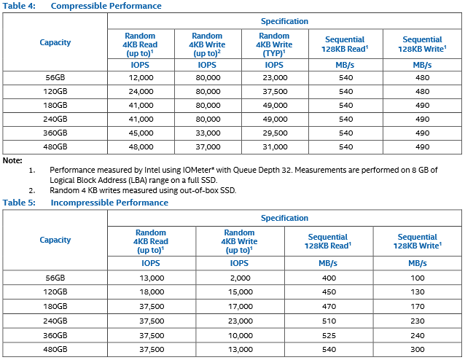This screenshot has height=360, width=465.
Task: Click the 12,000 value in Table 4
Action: (141, 78)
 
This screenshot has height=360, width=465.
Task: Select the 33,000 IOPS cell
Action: (208, 133)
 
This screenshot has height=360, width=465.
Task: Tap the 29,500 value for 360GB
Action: (275, 133)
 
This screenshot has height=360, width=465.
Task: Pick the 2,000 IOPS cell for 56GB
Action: (241, 278)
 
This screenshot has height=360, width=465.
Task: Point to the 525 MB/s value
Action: (329, 335)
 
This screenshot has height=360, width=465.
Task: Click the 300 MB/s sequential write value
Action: (417, 349)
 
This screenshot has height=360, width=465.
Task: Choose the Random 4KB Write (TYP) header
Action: (274, 44)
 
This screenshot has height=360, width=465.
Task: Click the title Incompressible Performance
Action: (109, 203)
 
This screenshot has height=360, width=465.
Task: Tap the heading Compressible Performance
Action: (106, 6)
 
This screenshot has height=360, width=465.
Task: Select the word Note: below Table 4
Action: (12, 160)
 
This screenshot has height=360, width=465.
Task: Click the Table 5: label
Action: (19, 203)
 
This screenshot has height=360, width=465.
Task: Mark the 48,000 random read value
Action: (141, 146)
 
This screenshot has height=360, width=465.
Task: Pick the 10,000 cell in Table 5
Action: (241, 335)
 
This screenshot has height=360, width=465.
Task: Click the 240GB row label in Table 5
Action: (55, 321)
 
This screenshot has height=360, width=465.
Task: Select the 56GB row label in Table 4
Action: (55, 78)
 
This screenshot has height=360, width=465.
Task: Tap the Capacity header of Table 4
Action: (55, 42)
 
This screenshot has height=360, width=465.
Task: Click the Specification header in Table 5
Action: (284, 218)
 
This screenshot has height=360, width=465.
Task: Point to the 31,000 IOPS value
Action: (275, 146)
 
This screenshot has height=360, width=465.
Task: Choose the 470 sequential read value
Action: (329, 306)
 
